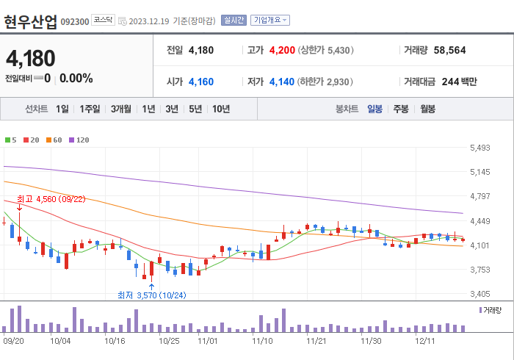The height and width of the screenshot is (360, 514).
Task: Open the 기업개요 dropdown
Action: click(x=270, y=21)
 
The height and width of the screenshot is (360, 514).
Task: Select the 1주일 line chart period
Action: click(x=90, y=109)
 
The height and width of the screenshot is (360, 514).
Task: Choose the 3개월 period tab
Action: click(x=121, y=109)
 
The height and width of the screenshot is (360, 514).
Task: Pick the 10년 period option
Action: click(x=220, y=109)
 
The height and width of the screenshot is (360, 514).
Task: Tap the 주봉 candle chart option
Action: click(x=401, y=109)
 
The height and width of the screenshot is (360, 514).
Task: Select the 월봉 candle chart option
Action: click(x=427, y=109)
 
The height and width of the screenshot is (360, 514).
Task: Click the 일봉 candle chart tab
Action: click(x=374, y=109)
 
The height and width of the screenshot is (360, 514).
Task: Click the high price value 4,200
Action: click(x=282, y=51)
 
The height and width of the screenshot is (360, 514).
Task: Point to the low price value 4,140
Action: click(x=282, y=81)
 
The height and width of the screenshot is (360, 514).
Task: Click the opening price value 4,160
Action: click(x=201, y=81)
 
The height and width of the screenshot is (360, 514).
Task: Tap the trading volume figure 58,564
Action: click(x=450, y=51)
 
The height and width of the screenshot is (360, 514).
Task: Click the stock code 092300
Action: click(x=75, y=21)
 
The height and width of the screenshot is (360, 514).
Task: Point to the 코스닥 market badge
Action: click(x=103, y=21)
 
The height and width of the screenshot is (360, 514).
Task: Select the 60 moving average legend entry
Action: click(x=56, y=140)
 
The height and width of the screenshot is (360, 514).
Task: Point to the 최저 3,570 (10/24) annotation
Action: click(x=152, y=295)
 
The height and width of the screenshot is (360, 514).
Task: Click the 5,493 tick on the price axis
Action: click(x=479, y=148)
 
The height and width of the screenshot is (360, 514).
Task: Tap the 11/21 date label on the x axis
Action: click(x=316, y=341)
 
